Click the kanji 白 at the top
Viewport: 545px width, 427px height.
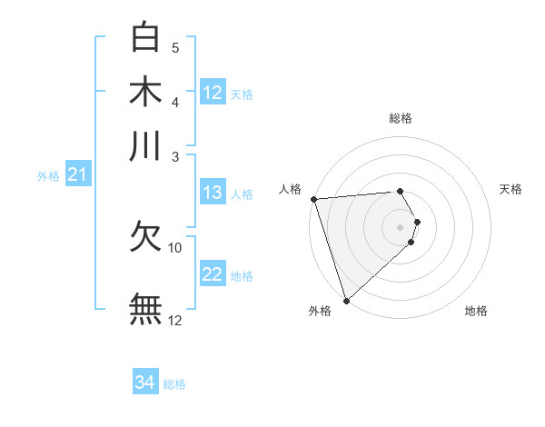146,37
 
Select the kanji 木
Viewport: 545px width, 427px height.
146,91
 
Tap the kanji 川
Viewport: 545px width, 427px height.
146,144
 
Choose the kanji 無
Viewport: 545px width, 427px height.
146,308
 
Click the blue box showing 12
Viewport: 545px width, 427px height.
213,92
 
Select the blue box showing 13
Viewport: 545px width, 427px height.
213,193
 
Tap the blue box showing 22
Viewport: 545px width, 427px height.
213,274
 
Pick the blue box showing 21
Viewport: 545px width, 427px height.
77,174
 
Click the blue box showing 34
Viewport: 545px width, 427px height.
145,382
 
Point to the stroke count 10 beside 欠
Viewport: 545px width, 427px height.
175,247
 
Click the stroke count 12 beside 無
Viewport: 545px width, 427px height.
175,321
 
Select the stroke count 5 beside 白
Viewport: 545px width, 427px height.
175,48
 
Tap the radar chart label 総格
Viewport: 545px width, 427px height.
401,118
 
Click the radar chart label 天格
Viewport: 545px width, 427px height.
511,189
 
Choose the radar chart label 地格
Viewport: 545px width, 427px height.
476,311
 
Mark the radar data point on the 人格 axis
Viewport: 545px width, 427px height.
313,199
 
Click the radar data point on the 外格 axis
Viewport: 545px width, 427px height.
346,300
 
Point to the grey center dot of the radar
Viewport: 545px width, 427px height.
401,226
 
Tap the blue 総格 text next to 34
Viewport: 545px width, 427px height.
174,384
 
